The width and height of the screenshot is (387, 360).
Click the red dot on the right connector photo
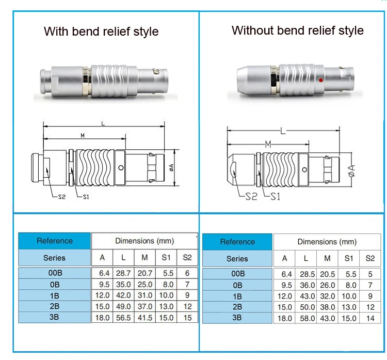(320, 80)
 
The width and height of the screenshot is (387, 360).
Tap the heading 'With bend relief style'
(101, 32)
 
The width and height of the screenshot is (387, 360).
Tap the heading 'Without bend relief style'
(297, 30)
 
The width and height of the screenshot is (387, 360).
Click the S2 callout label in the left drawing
(62, 197)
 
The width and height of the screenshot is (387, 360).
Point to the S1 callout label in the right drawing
(275, 197)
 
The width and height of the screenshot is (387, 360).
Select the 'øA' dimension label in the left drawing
(171, 167)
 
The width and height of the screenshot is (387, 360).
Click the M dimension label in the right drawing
(268, 144)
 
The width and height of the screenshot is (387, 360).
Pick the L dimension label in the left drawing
(103, 123)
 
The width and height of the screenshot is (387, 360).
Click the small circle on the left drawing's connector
(121, 168)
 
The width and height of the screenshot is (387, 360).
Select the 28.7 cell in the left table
(123, 273)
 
